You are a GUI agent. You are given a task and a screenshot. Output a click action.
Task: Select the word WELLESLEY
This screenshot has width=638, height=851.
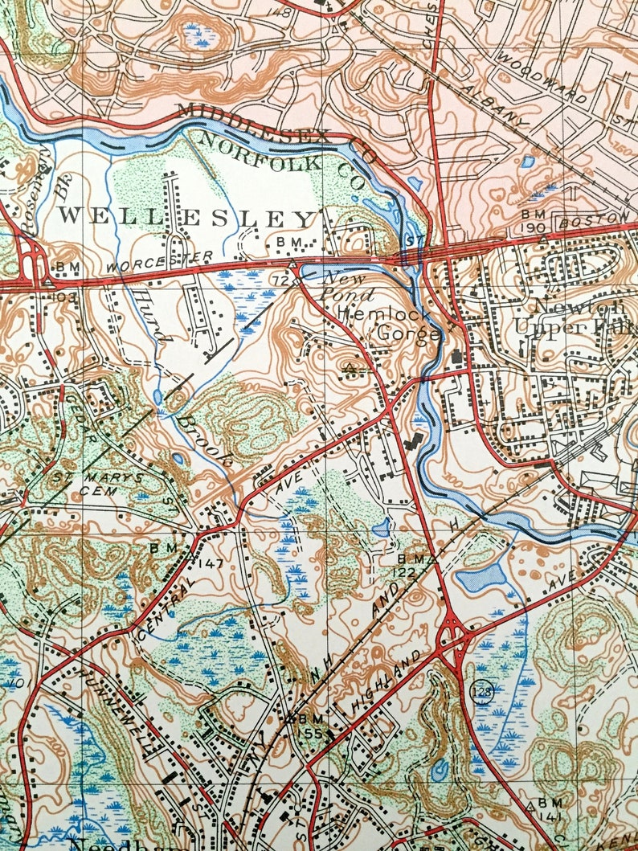click(185, 217)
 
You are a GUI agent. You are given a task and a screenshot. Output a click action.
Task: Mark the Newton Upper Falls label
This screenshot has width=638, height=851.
click(572, 317)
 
